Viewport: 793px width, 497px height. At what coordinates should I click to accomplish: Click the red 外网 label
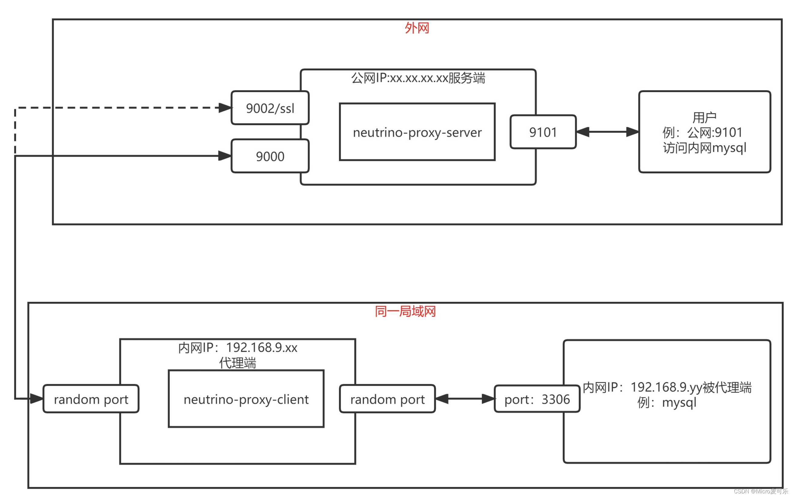tap(416, 28)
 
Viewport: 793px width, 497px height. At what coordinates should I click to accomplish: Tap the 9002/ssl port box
tap(270, 108)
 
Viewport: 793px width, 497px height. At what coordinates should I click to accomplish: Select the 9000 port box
tap(270, 156)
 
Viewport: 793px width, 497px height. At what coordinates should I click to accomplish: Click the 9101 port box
tap(543, 132)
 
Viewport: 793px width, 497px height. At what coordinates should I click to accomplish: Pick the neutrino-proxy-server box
tap(417, 132)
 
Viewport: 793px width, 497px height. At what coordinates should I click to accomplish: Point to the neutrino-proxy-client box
tap(246, 399)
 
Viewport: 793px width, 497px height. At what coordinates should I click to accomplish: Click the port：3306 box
tap(537, 399)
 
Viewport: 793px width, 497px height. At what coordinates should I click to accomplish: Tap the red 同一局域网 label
tap(405, 311)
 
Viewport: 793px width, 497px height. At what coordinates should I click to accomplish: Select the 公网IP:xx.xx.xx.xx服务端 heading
tap(418, 78)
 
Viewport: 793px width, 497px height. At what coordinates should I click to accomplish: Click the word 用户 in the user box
tap(704, 117)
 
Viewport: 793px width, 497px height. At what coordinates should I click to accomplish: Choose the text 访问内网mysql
tap(704, 148)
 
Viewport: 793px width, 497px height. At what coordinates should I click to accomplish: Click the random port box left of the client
tap(91, 399)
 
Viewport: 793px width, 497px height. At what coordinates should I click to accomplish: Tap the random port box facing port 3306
tap(387, 399)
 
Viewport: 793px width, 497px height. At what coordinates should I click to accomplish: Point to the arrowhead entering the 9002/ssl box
tap(225, 108)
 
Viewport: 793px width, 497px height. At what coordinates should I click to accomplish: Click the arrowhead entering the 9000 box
tap(225, 156)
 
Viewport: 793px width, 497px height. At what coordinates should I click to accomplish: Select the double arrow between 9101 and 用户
tap(607, 132)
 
